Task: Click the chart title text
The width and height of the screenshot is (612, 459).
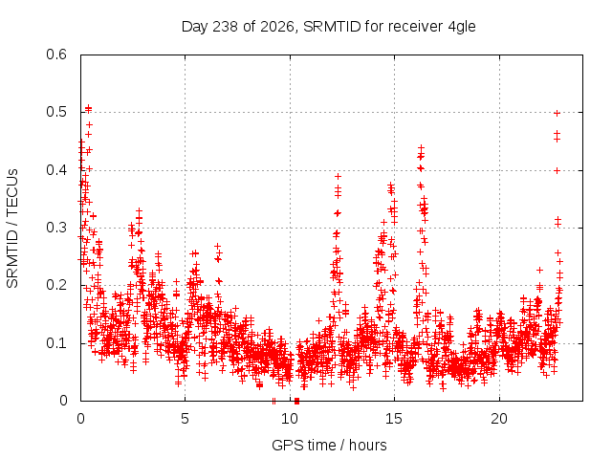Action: point(329,27)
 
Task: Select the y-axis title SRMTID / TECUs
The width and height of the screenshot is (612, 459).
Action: point(12,229)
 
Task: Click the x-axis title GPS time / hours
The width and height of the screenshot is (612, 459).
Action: point(329,445)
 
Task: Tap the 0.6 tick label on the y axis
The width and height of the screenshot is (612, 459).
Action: point(56,55)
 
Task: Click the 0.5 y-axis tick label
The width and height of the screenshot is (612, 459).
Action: point(56,112)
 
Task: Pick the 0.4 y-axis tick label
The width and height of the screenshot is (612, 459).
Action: point(56,170)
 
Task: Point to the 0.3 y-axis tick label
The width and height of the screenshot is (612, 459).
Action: point(56,228)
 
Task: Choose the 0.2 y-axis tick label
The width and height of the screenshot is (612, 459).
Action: point(56,285)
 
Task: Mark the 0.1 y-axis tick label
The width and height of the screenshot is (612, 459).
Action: point(56,343)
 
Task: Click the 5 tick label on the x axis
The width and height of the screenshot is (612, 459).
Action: point(185,419)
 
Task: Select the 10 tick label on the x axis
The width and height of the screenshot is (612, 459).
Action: point(290,419)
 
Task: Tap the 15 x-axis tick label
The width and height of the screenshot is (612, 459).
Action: point(394,419)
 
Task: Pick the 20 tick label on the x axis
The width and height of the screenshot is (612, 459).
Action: point(499,419)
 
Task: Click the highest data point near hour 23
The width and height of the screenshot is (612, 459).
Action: point(557,113)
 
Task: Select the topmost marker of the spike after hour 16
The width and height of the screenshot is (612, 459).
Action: point(421,147)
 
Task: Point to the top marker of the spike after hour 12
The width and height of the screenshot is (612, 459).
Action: point(338,176)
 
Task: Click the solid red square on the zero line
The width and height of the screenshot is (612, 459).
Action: point(297,401)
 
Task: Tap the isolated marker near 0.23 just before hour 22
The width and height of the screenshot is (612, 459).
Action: point(539,270)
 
